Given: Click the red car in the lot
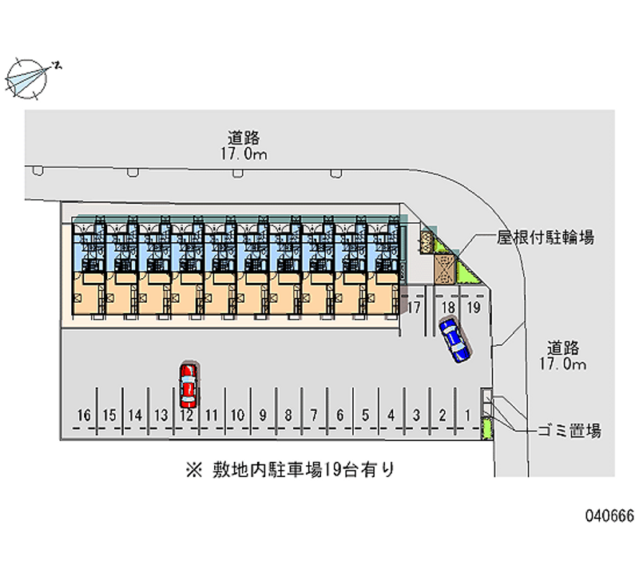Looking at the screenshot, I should (x=189, y=382).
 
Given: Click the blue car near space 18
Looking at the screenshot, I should (x=454, y=340).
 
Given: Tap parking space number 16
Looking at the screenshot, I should (x=84, y=415).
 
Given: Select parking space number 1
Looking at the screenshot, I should (x=467, y=415).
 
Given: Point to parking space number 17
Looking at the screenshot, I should (x=415, y=307).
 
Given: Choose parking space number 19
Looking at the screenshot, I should (x=473, y=307).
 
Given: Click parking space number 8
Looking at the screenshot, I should (x=288, y=415).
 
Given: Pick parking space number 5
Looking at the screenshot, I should (x=365, y=415).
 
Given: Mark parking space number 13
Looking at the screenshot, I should (x=161, y=415).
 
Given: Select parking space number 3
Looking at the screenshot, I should (x=416, y=415).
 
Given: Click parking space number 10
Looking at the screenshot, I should (x=237, y=415).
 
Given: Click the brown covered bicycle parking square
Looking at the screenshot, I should (x=444, y=267).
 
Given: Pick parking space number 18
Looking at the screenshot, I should (x=449, y=307).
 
